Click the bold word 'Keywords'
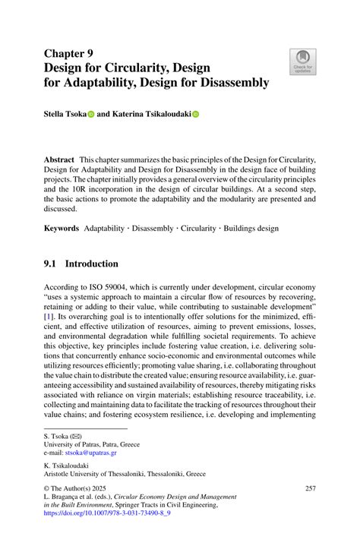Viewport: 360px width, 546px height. click(x=62, y=228)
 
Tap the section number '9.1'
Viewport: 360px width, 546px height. click(x=52, y=264)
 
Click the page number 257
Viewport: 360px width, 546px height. click(x=309, y=487)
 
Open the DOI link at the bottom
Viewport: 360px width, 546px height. click(x=107, y=513)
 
